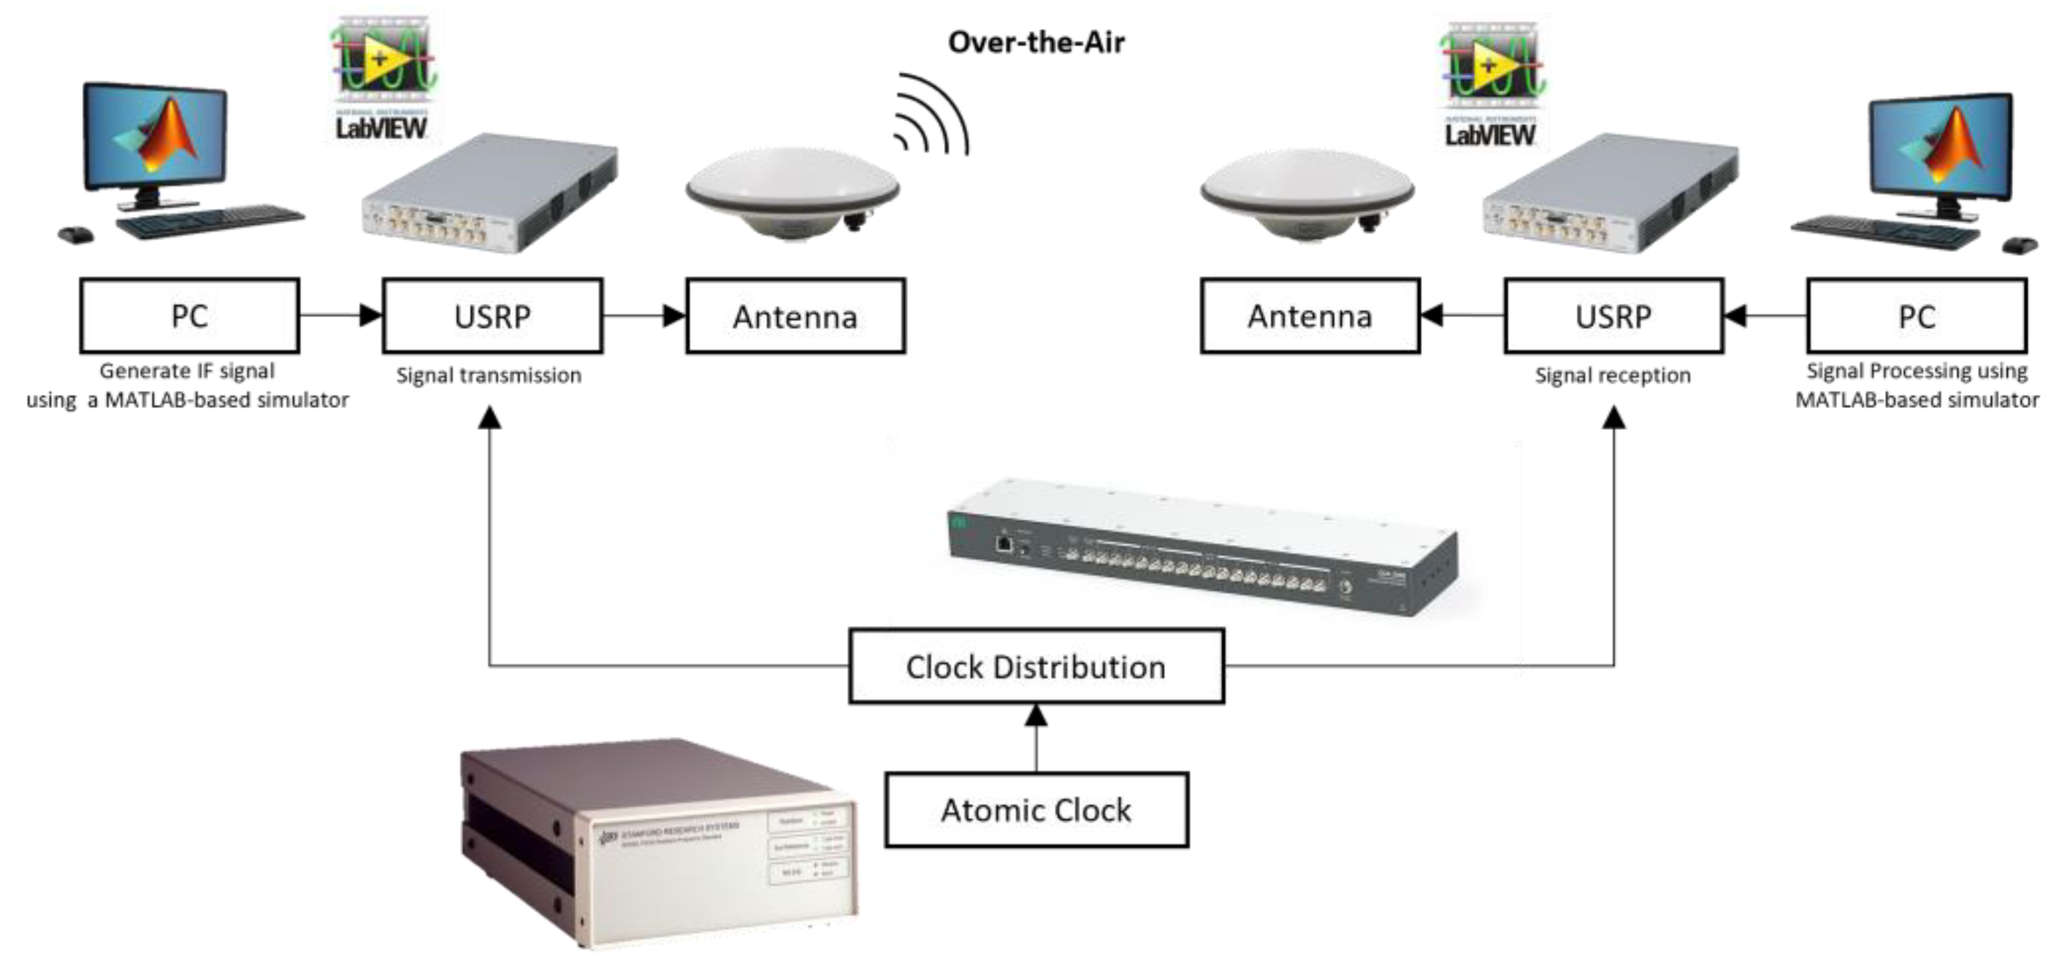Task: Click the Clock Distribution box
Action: click(1036, 667)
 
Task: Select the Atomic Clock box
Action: click(1036, 810)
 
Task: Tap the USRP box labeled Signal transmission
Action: click(492, 317)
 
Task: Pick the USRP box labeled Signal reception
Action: click(1613, 317)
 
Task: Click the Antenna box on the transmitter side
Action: click(795, 317)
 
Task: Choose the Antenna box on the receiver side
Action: click(1310, 317)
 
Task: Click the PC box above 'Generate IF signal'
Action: click(190, 317)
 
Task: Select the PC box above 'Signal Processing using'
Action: click(1917, 317)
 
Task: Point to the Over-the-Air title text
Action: click(1036, 42)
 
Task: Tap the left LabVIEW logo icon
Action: click(381, 80)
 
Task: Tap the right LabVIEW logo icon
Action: click(1491, 84)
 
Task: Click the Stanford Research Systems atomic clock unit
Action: click(660, 839)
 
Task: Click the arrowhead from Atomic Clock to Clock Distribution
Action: click(1036, 716)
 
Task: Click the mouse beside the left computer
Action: click(75, 235)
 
